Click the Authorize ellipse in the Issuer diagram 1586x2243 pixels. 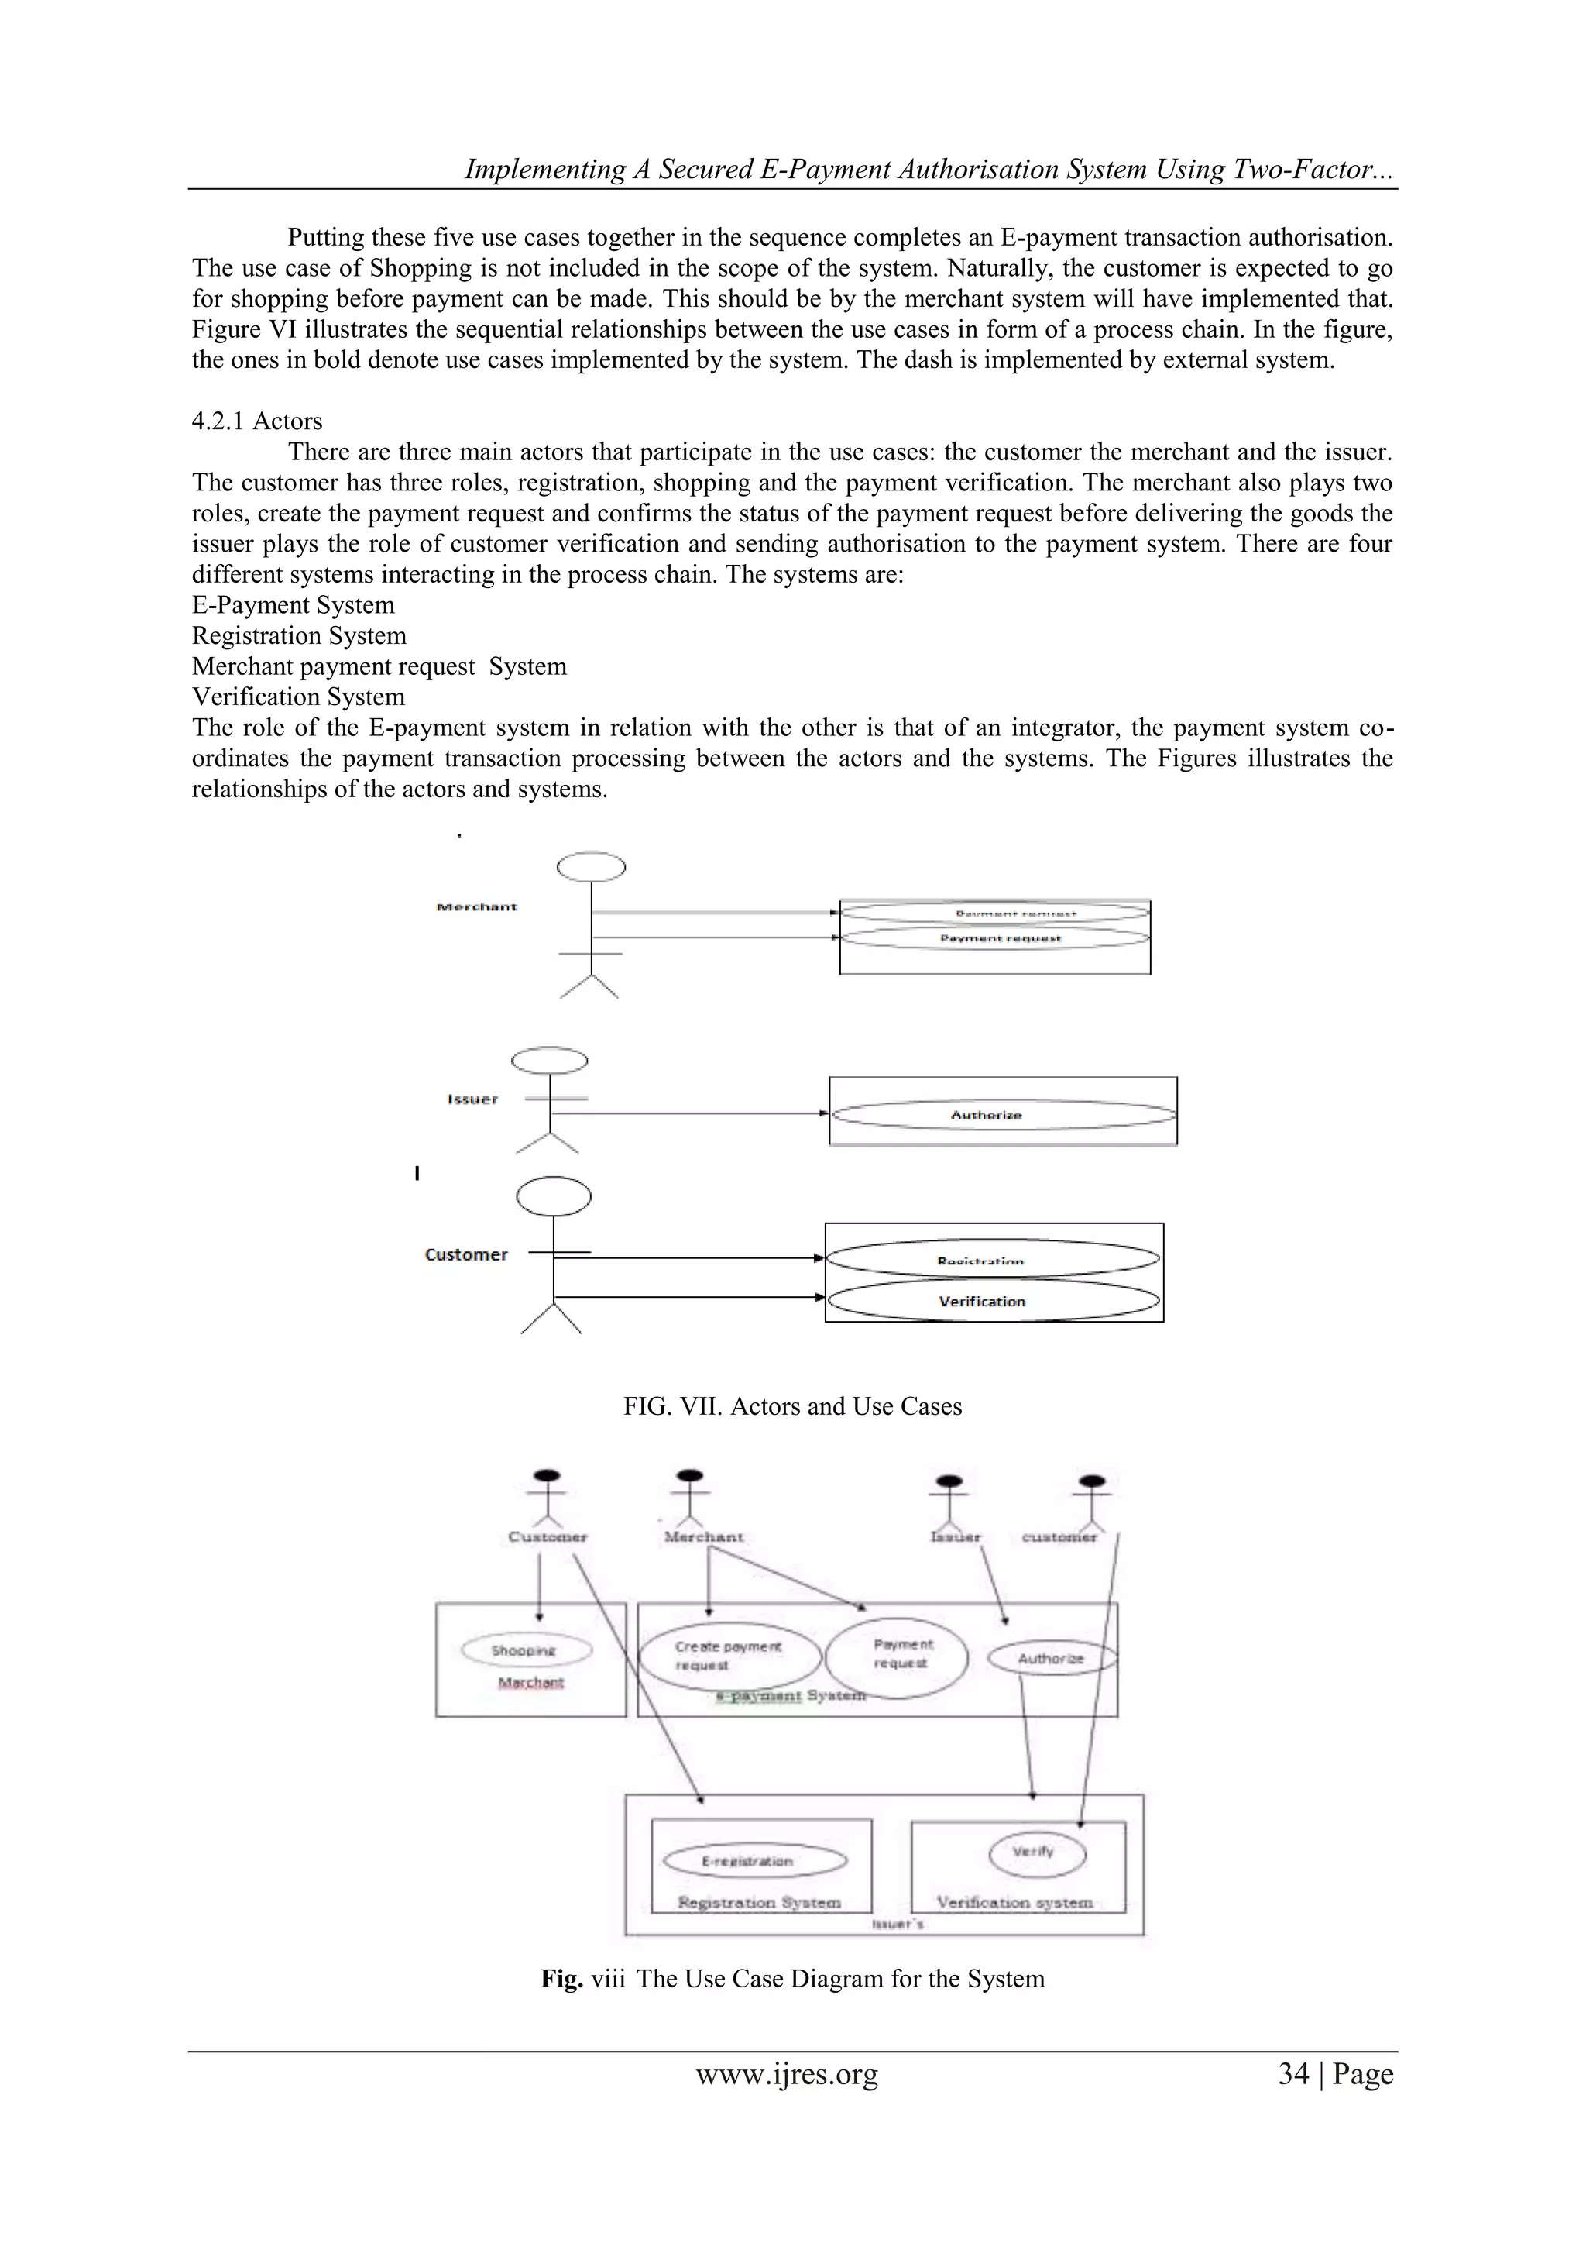click(1002, 1115)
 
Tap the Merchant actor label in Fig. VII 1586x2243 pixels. click(476, 906)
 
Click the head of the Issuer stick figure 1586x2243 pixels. click(550, 1061)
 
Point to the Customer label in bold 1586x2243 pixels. click(466, 1254)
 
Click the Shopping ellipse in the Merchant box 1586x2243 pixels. click(527, 1650)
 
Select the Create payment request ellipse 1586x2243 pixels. click(729, 1655)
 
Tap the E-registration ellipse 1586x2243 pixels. click(754, 1860)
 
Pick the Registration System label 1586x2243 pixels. click(759, 1902)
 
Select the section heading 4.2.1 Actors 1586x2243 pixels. click(257, 421)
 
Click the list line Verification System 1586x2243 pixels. click(298, 697)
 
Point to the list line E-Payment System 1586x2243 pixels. click(293, 604)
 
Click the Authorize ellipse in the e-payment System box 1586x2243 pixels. click(1050, 1658)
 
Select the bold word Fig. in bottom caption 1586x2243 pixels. click(561, 1978)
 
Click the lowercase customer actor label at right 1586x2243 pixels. click(1059, 1536)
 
